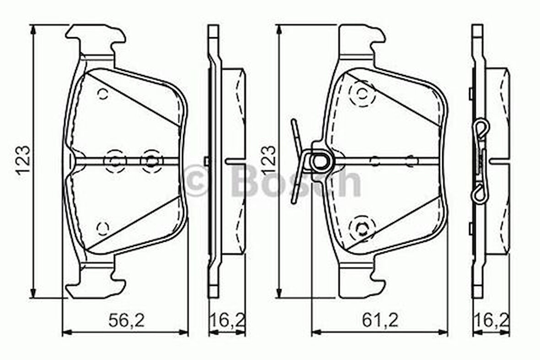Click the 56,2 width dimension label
pyautogui.click(x=126, y=320)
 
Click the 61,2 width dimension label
pyautogui.click(x=380, y=320)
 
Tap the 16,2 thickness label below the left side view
pyautogui.click(x=227, y=320)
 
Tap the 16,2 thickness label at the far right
pyautogui.click(x=491, y=320)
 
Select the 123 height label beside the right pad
pyautogui.click(x=269, y=160)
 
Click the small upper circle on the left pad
pyautogui.click(x=102, y=95)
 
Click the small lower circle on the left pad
pyautogui.click(x=103, y=227)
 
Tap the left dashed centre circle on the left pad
pyautogui.click(x=114, y=161)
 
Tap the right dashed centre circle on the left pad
pyautogui.click(x=151, y=161)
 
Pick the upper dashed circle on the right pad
pyautogui.click(x=362, y=95)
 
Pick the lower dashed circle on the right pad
pyautogui.click(x=362, y=227)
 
